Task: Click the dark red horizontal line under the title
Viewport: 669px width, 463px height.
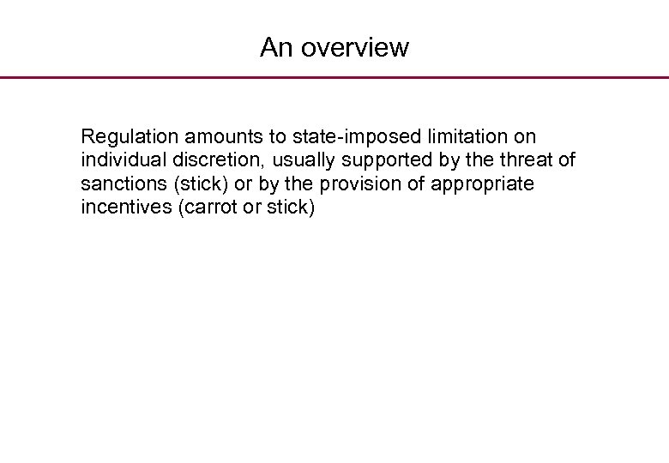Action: click(x=334, y=77)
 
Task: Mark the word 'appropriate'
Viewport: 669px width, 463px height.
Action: click(x=484, y=184)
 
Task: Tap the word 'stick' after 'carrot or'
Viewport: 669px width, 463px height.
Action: click(x=288, y=208)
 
